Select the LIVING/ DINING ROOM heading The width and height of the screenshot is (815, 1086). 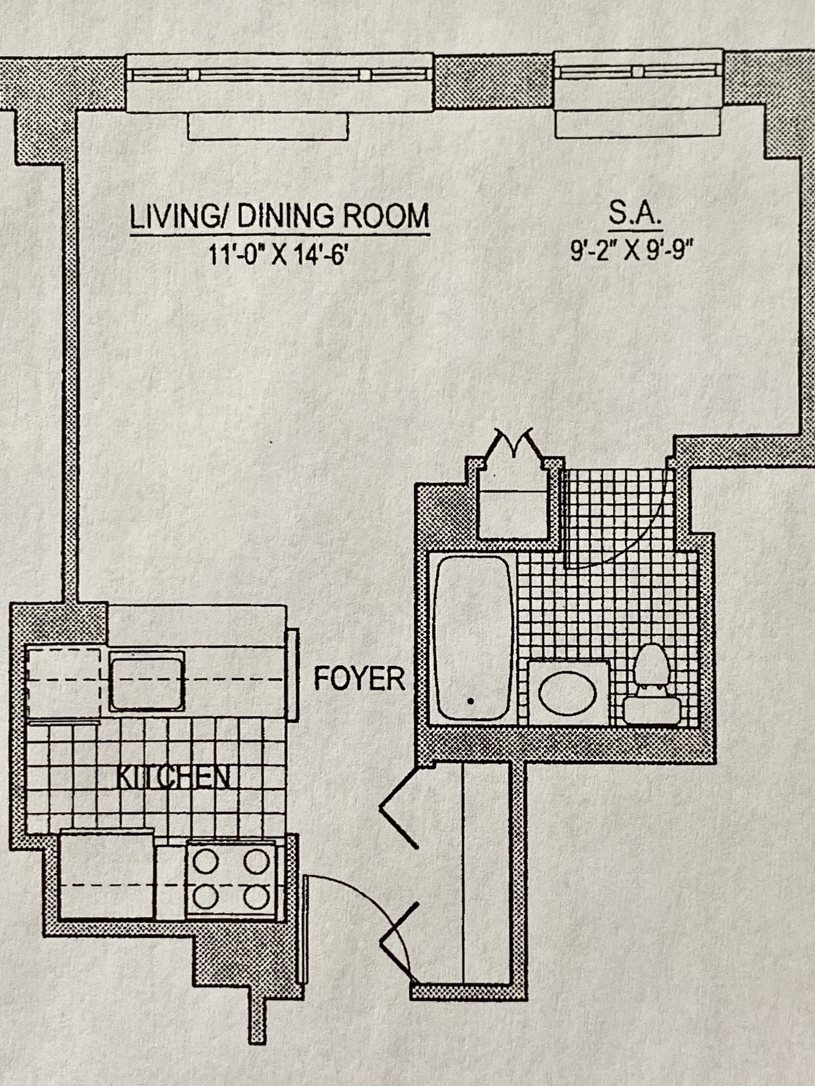pos(279,216)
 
